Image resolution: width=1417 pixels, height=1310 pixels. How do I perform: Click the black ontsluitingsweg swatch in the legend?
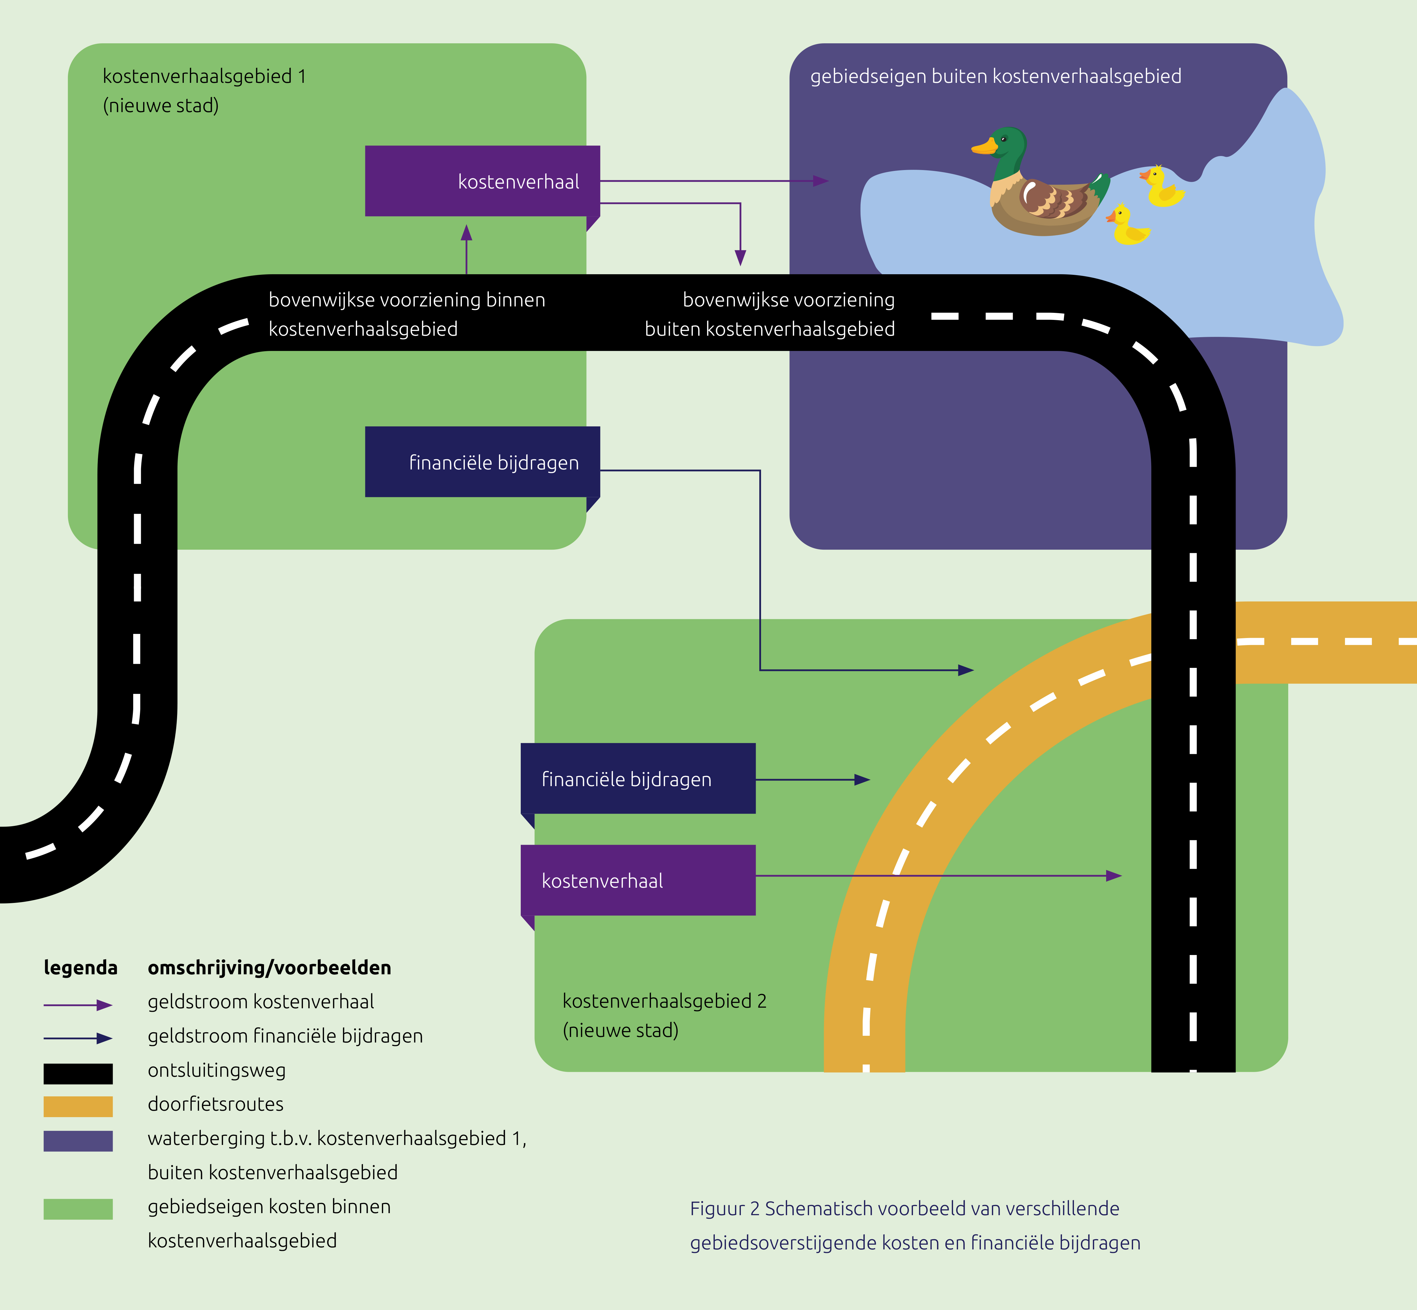(x=78, y=1073)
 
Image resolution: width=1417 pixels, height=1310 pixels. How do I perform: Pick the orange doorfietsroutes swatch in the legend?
(x=78, y=1107)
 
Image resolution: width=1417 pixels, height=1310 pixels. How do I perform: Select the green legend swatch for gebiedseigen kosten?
(x=78, y=1209)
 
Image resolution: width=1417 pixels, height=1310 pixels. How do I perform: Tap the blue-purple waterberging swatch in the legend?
(x=78, y=1141)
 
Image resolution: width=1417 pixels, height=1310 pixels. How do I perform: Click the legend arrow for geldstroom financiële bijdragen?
(x=78, y=1038)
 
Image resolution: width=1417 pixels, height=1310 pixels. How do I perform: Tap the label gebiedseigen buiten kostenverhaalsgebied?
(x=996, y=77)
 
